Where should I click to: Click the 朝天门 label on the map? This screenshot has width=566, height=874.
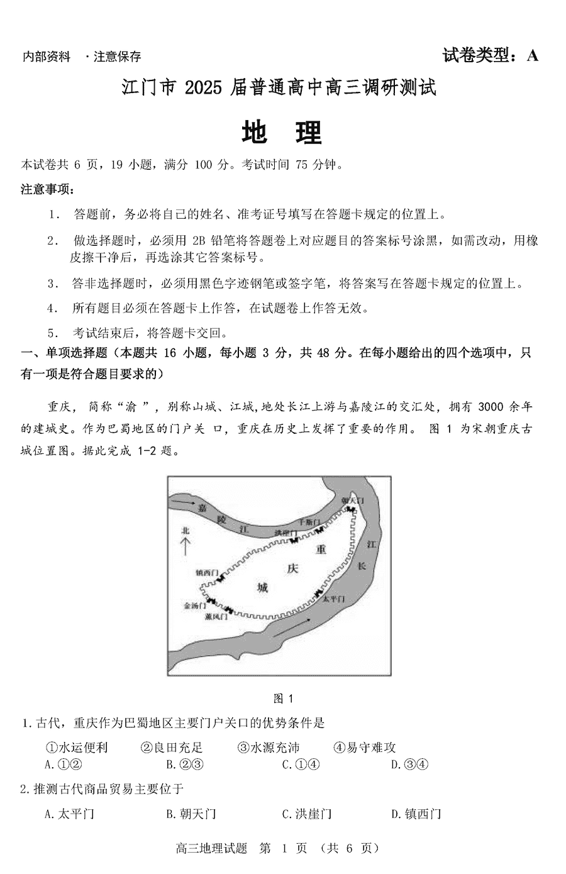[x=352, y=501]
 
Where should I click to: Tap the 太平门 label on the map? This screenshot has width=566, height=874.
[x=333, y=599]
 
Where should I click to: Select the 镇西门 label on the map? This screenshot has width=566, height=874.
[x=206, y=572]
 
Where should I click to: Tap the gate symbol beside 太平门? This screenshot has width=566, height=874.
[x=318, y=592]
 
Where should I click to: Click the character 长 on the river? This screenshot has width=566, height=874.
[x=362, y=565]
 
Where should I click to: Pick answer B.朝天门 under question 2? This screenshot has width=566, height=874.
[x=191, y=814]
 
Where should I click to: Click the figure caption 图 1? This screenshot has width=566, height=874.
[x=284, y=698]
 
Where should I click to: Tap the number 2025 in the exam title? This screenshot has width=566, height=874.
[x=202, y=88]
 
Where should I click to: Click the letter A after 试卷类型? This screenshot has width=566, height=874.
[x=532, y=55]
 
